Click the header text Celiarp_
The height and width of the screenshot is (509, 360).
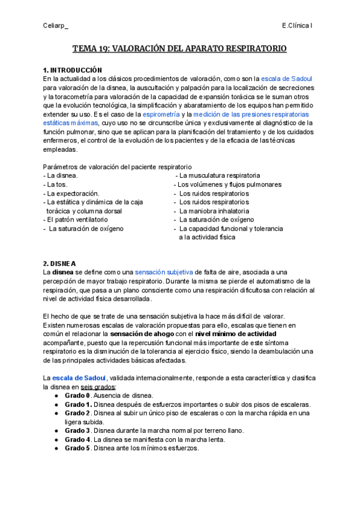pos(56,26)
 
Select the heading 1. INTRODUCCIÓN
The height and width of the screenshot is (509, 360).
pos(73,70)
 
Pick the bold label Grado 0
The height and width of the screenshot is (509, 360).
pos(77,396)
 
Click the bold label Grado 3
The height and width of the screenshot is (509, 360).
pos(77,430)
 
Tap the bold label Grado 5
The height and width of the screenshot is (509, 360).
pos(77,448)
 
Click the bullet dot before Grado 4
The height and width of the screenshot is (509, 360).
pos(56,439)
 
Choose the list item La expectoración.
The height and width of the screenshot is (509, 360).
pos(71,194)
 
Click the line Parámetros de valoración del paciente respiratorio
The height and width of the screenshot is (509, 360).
pos(118,166)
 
